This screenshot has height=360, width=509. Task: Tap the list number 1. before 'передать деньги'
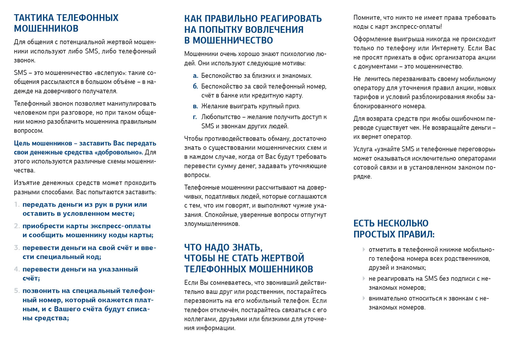[17, 205]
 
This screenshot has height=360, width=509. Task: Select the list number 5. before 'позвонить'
[17, 291]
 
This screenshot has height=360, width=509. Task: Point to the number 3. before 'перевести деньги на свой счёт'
[17, 248]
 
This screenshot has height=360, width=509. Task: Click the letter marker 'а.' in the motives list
[196, 76]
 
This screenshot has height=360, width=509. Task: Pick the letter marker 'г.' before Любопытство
[195, 117]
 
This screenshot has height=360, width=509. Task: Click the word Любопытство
[221, 117]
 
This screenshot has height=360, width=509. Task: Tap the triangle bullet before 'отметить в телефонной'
[364, 250]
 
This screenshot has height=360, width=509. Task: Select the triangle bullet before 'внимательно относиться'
[364, 298]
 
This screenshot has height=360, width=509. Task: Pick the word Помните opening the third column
[367, 18]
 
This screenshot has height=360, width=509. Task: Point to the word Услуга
[363, 149]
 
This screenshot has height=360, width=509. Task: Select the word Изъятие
[27, 183]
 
